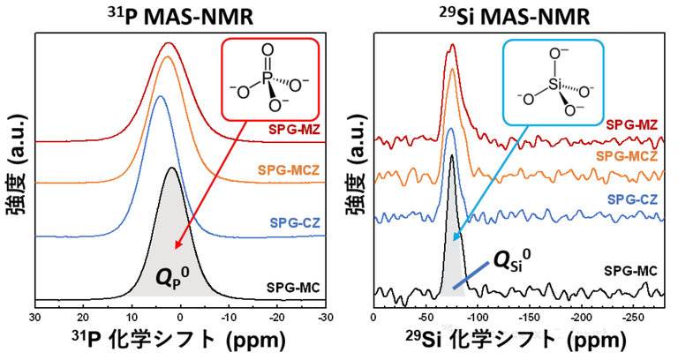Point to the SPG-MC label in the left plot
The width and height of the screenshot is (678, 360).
(x=291, y=286)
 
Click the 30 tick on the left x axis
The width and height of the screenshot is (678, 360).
(x=34, y=315)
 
